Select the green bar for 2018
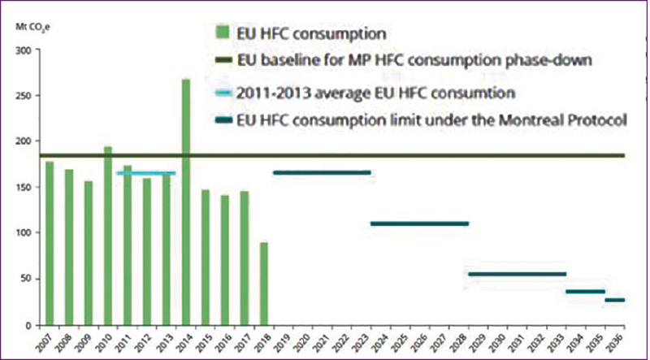264,284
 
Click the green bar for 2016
225,260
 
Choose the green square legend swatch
220,35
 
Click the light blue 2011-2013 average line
146,172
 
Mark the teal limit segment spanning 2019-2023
322,172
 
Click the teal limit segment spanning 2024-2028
419,223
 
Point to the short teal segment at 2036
615,300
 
